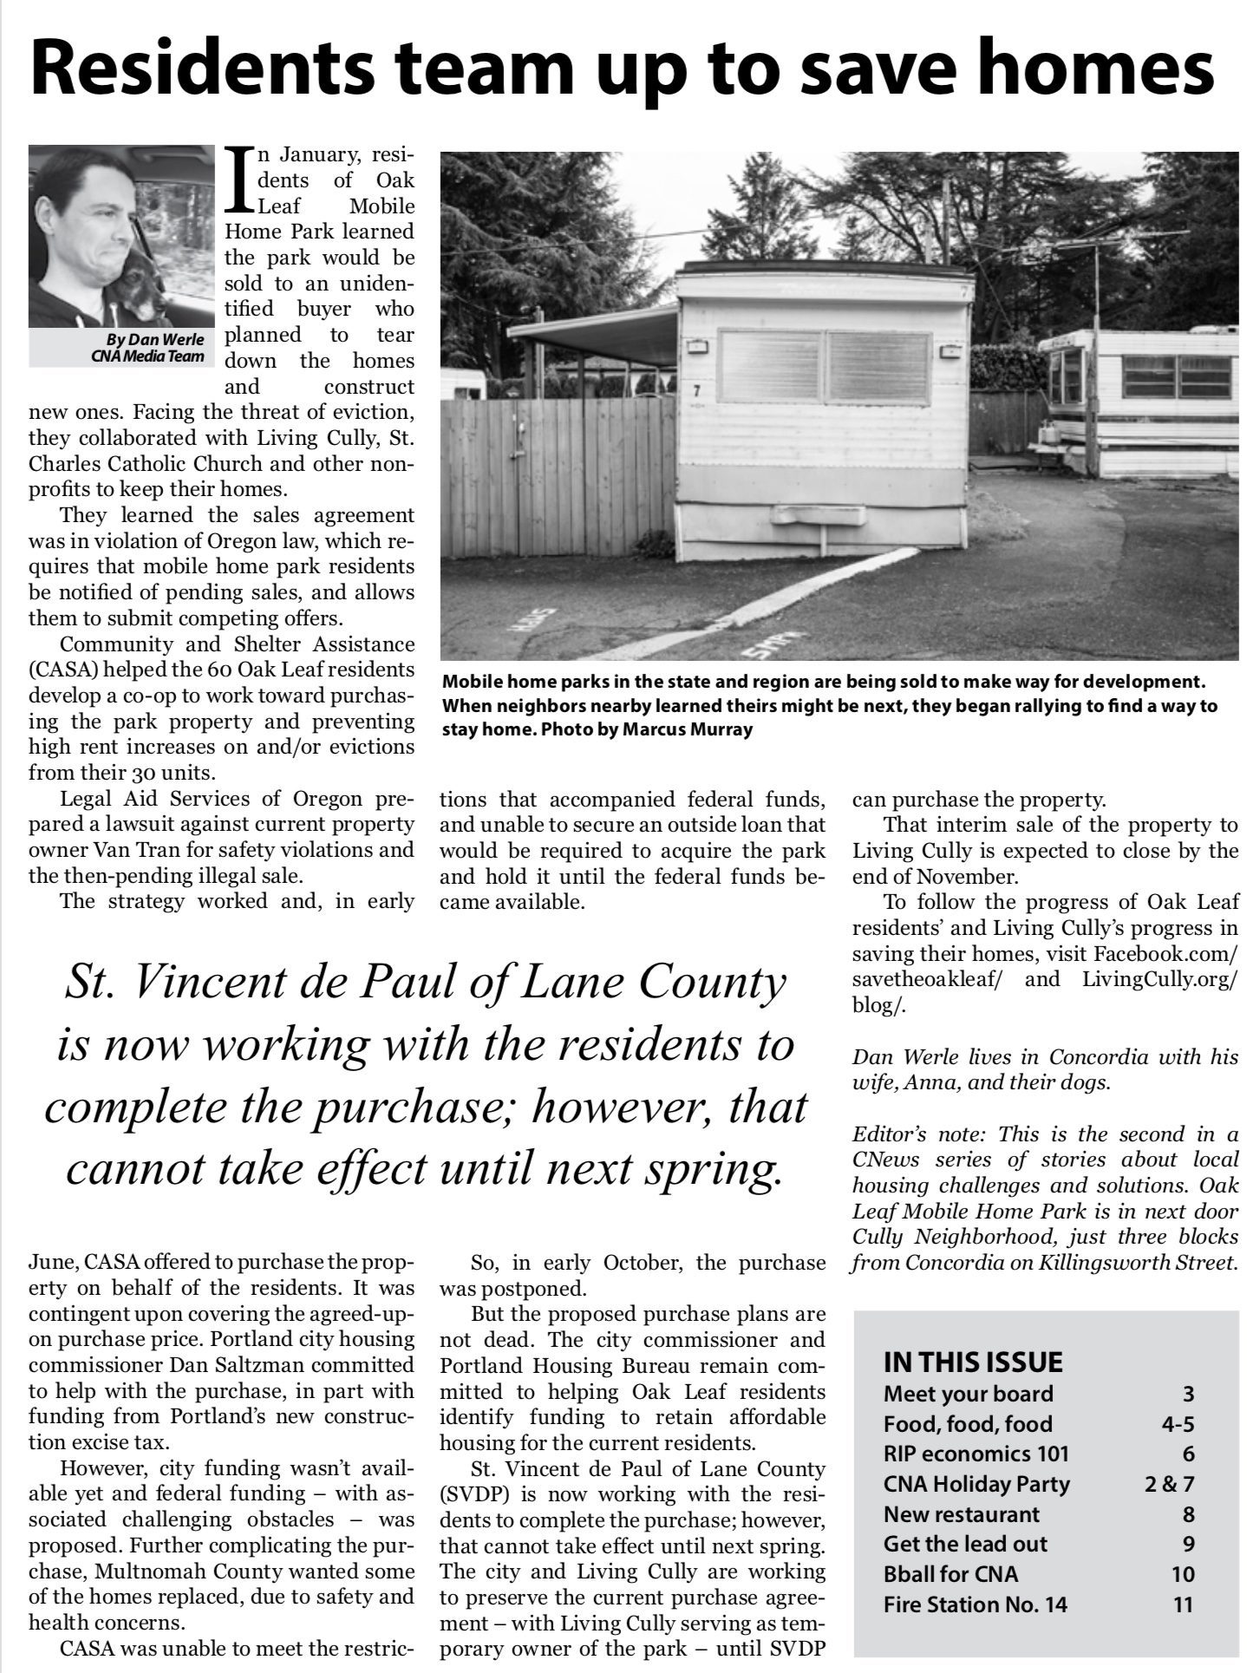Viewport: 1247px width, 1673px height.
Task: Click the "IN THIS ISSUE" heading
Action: coord(972,1361)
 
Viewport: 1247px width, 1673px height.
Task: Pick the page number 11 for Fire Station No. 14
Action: coord(1183,1604)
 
